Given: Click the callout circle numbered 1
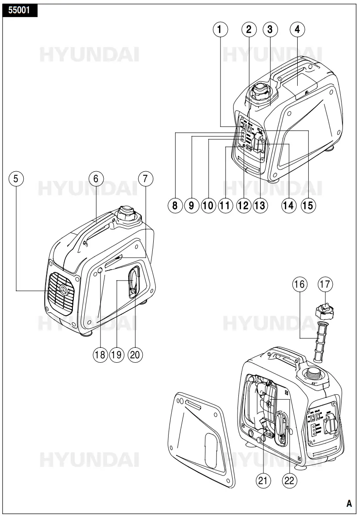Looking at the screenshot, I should (221, 29).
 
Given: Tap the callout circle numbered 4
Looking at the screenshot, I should (297, 29).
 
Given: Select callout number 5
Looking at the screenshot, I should (16, 179).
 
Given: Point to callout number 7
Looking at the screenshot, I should (146, 179).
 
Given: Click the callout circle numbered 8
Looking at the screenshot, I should (175, 206).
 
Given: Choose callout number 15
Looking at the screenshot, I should (308, 206).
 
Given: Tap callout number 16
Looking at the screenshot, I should (300, 285).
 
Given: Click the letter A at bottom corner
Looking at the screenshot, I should (349, 503).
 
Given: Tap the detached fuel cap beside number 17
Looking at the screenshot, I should (325, 312).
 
